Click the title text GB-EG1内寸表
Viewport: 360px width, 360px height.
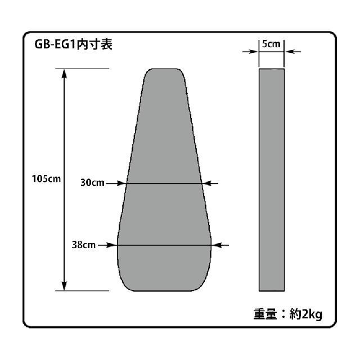point(73,44)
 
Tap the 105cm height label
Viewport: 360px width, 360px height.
point(46,179)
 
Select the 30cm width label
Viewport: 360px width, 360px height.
point(92,183)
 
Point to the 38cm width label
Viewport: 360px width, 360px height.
point(84,245)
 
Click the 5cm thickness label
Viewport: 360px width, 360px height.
point(271,44)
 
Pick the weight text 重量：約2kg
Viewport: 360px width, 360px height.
point(287,314)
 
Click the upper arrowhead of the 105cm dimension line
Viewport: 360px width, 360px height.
point(64,74)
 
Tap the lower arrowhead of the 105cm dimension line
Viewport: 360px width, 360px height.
point(64,286)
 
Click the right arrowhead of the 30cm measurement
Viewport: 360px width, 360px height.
point(208,183)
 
